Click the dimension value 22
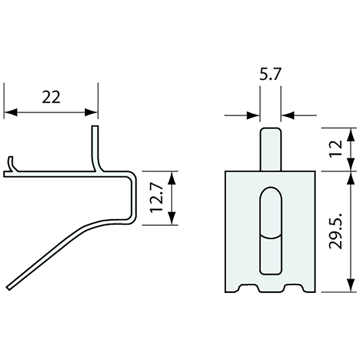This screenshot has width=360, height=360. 51,97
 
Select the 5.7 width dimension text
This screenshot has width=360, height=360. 270,75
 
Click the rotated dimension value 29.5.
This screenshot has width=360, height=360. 336,231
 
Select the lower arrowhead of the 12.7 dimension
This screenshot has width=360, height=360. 172,218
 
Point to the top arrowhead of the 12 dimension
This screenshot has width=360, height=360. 351,135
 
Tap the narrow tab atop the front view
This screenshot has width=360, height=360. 270,149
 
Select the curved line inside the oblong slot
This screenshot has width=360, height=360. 270,236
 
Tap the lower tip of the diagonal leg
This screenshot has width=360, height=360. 9,288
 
